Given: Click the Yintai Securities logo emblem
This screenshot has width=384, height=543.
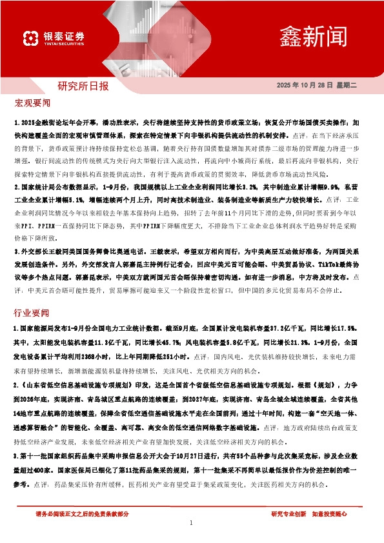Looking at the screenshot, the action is tap(28, 38).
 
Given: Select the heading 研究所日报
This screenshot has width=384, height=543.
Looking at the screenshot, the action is tap(83, 86).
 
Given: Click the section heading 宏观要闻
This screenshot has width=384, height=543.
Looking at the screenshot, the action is tap(32, 104).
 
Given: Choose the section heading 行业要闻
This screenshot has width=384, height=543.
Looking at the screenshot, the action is tap(32, 313).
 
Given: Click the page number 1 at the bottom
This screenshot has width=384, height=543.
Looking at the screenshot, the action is tap(192, 524).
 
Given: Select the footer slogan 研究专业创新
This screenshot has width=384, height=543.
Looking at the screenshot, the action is tap(288, 514).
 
